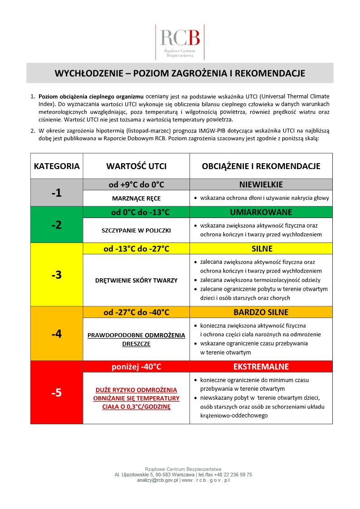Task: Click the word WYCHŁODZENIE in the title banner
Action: click(x=87, y=73)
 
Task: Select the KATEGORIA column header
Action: click(x=57, y=166)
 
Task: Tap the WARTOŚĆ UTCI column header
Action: click(x=136, y=166)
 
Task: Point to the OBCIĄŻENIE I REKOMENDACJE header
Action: click(x=261, y=166)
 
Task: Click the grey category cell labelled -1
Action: click(x=57, y=193)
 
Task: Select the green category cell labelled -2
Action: click(x=57, y=224)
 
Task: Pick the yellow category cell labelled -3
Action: click(x=57, y=275)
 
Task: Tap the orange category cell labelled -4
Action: click(x=57, y=334)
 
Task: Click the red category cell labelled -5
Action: click(x=57, y=393)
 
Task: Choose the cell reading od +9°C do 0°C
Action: click(x=136, y=184)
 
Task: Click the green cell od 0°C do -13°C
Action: click(x=136, y=212)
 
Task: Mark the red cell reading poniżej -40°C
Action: click(x=136, y=367)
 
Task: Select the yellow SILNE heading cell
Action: click(x=261, y=249)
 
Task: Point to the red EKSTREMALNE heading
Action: click(x=261, y=367)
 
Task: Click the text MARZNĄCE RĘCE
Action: click(x=136, y=199)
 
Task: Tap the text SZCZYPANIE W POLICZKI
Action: click(x=136, y=230)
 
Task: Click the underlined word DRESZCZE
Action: click(x=136, y=344)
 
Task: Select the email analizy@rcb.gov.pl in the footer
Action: click(x=157, y=480)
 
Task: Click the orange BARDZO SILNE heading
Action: click(x=261, y=312)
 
